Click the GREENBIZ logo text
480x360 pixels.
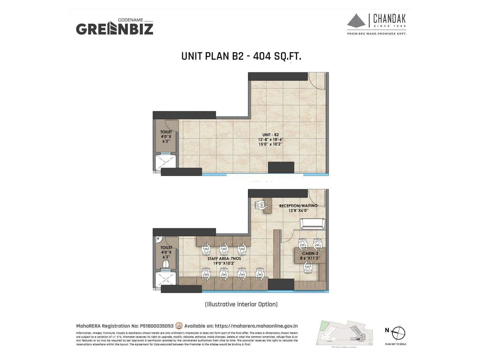point(114,29)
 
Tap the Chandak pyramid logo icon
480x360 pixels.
point(356,20)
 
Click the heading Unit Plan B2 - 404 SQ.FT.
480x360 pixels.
point(241,56)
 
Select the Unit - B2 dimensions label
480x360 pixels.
point(271,139)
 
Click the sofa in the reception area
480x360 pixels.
point(312,224)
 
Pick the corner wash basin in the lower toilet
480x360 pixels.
point(159,240)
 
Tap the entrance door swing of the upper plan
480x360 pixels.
point(316,81)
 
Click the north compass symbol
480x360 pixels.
point(398,333)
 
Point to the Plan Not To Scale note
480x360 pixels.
point(396,344)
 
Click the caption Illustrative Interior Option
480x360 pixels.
point(241,304)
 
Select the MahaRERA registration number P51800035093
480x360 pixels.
point(157,326)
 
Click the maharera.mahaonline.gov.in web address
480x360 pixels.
point(256,326)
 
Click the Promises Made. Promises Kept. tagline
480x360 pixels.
point(377,34)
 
